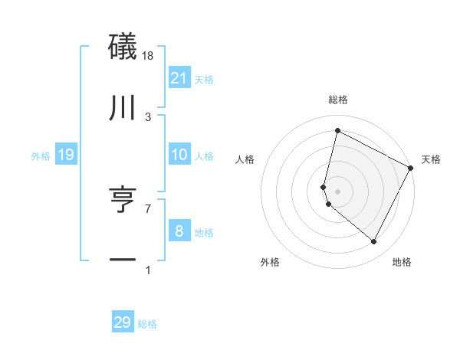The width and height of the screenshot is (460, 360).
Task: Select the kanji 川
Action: [x=123, y=109]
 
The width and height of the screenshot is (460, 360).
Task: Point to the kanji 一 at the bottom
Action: [x=123, y=260]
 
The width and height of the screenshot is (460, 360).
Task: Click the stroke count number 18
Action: [x=148, y=56]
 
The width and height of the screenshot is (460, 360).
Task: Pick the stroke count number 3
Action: [x=148, y=117]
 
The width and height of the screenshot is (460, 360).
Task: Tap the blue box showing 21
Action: [x=179, y=78]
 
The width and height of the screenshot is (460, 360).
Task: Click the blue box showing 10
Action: [x=179, y=155]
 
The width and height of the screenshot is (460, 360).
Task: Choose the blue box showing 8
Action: [x=179, y=231]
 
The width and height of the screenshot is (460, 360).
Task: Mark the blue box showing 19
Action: [x=66, y=155]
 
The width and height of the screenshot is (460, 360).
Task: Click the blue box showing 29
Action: [x=123, y=322]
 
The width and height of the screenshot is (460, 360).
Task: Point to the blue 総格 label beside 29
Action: [x=147, y=324]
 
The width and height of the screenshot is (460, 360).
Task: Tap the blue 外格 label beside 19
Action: [x=41, y=156]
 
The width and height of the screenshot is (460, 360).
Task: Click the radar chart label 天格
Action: [x=431, y=160]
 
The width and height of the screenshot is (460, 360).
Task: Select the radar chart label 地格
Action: [x=402, y=262]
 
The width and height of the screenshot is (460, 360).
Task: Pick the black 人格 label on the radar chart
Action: [x=245, y=160]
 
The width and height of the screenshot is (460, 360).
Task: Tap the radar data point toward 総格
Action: [x=337, y=131]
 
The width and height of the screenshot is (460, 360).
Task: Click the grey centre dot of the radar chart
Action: [x=337, y=191]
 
